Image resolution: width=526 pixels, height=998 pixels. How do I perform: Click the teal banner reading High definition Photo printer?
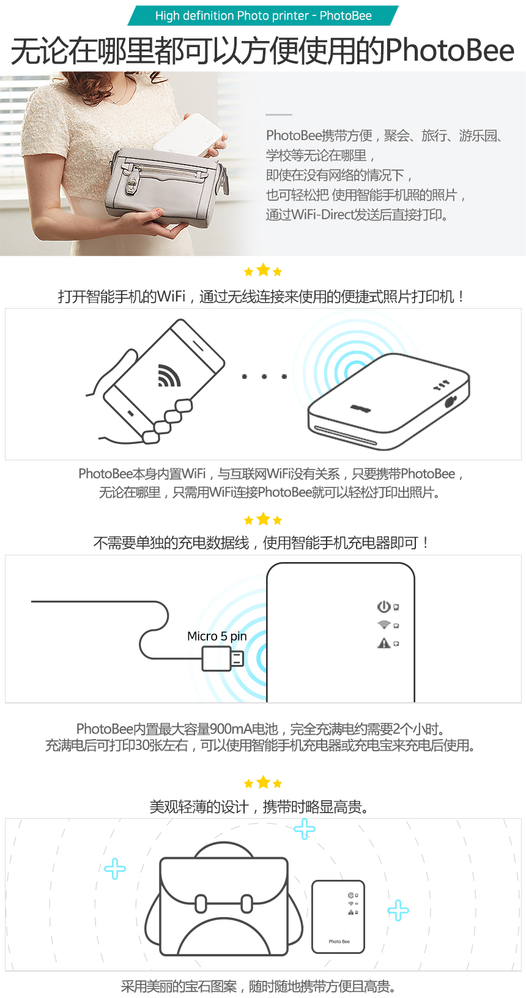click(263, 15)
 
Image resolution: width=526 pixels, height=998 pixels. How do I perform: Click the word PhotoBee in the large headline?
click(450, 50)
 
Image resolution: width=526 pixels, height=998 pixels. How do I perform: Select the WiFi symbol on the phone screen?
click(169, 375)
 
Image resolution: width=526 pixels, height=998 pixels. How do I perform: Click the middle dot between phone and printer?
click(264, 377)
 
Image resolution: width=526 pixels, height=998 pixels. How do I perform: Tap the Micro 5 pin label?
click(217, 636)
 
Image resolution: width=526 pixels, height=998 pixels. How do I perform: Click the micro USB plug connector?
click(223, 659)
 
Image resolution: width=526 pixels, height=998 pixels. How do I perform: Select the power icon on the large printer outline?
click(383, 606)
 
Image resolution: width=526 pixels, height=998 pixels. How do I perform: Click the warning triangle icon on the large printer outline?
click(383, 643)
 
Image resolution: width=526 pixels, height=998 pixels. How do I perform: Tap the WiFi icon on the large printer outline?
click(383, 625)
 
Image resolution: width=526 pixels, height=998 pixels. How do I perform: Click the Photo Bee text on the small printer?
click(339, 942)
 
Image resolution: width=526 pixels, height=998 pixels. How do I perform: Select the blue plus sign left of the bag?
click(115, 868)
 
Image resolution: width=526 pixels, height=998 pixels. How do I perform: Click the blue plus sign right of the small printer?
click(398, 910)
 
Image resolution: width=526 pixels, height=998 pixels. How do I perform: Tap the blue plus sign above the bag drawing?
click(305, 828)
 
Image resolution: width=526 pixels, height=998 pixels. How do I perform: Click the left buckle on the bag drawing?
click(201, 904)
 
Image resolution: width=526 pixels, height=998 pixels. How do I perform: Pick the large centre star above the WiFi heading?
click(264, 269)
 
